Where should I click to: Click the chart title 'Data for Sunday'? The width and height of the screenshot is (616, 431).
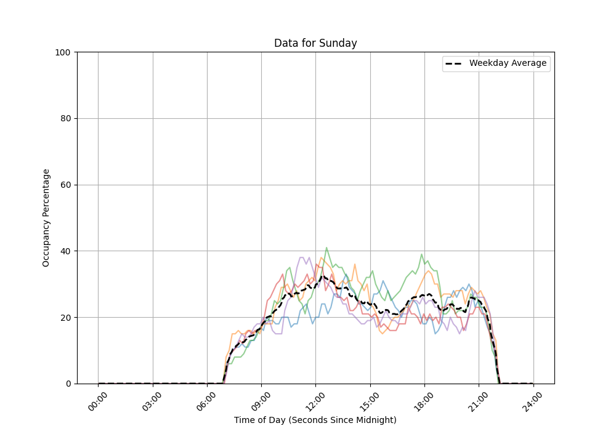click(315, 43)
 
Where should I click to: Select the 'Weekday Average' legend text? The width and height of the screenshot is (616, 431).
click(508, 63)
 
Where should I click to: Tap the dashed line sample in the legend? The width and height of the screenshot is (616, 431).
click(455, 63)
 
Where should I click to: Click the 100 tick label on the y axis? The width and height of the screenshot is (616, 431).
click(63, 52)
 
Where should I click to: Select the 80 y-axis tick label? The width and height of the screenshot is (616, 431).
click(65, 119)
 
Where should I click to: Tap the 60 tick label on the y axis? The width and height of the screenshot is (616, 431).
click(65, 185)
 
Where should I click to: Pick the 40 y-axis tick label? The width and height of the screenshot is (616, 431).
click(65, 251)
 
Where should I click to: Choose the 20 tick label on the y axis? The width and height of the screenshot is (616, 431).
click(65, 318)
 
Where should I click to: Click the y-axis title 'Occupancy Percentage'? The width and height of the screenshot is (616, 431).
click(46, 218)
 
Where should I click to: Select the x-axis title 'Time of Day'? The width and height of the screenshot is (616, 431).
click(315, 420)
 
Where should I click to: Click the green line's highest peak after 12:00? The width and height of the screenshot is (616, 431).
click(326, 248)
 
